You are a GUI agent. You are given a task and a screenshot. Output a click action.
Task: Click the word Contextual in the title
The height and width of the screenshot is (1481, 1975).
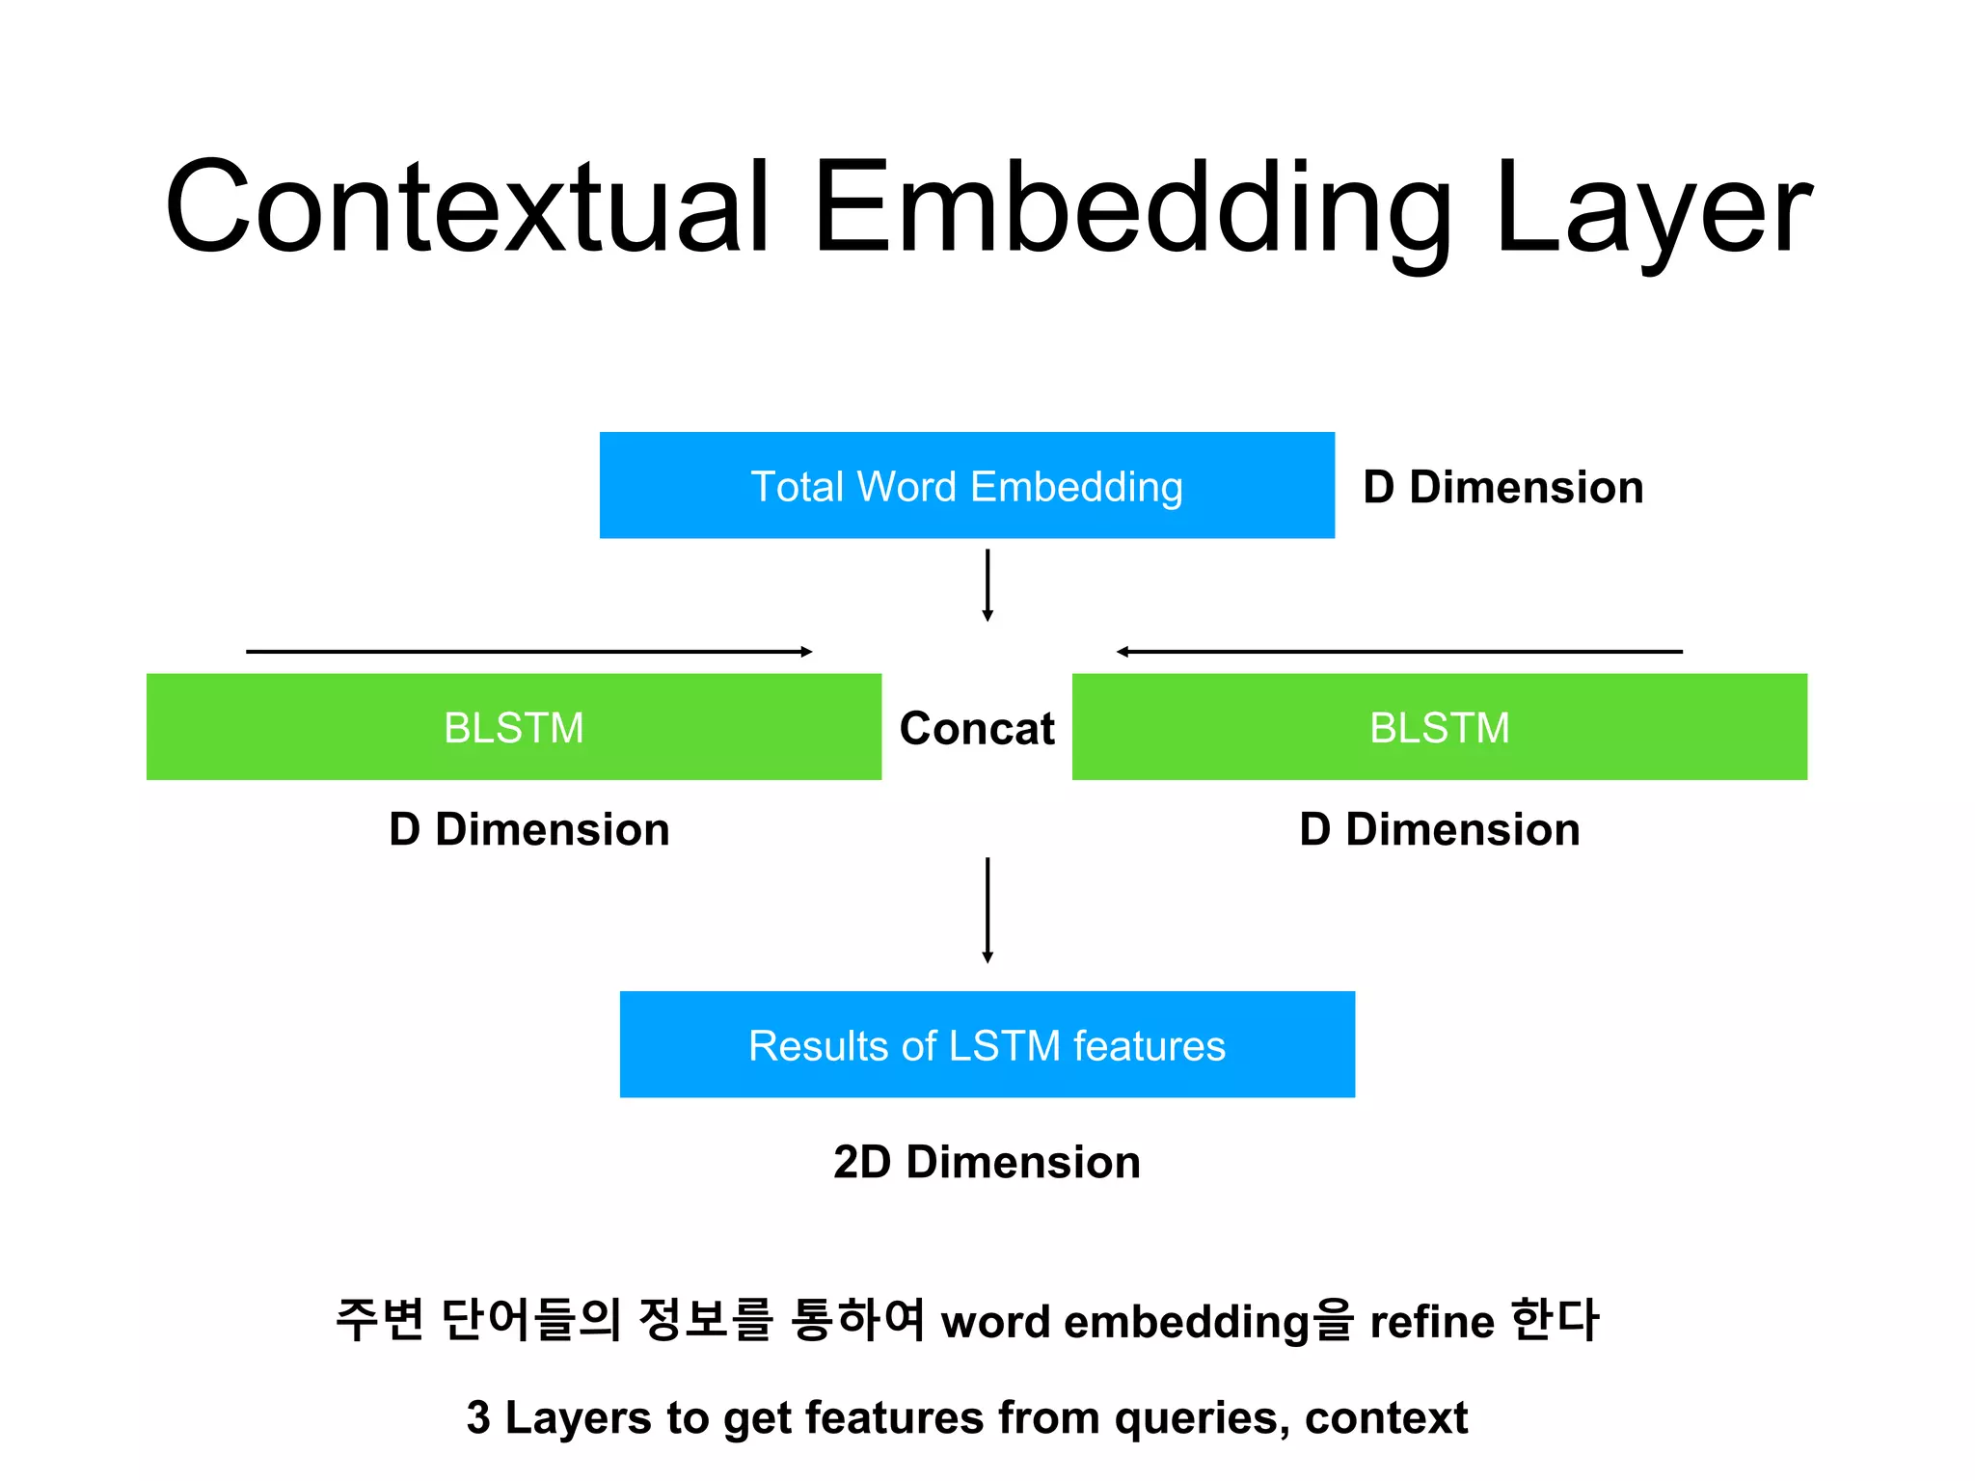(469, 207)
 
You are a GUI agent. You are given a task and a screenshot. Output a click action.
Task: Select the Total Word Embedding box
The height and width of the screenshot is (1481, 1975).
(966, 486)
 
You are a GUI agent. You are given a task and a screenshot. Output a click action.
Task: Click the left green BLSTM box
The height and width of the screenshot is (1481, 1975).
(513, 727)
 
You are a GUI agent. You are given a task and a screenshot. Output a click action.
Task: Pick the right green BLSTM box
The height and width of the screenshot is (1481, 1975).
(1439, 727)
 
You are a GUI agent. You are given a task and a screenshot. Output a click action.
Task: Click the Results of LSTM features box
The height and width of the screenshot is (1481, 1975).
(987, 1045)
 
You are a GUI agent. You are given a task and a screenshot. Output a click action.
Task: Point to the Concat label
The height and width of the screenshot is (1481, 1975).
(976, 728)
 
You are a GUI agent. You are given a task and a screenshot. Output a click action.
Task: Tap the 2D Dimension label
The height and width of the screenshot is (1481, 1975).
(987, 1162)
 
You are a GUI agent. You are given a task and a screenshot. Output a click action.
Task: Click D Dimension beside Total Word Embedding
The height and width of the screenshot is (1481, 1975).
(1502, 487)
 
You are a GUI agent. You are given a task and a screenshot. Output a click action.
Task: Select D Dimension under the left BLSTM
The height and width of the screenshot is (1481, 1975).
(528, 829)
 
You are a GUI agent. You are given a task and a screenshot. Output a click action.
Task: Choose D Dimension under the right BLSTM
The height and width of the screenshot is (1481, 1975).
(1439, 829)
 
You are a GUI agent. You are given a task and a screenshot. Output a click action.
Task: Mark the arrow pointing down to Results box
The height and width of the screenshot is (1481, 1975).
(987, 909)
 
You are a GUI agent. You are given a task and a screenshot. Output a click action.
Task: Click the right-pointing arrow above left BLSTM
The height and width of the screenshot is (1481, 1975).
(528, 652)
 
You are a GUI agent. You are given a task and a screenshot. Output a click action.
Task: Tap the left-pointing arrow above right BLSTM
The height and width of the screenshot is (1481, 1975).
(1398, 652)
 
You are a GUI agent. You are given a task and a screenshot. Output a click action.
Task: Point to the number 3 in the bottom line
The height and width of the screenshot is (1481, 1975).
(478, 1417)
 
